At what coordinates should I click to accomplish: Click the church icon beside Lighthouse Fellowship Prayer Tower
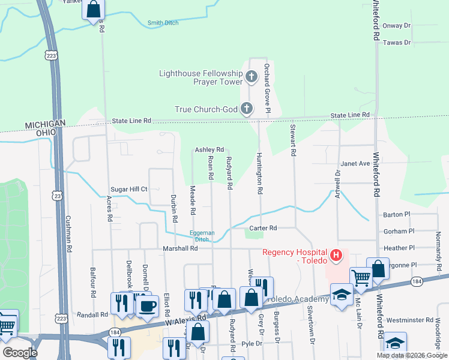(251, 76)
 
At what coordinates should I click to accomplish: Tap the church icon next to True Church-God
(246, 109)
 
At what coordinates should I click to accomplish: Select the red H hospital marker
(336, 256)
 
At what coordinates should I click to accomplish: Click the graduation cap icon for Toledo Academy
(342, 295)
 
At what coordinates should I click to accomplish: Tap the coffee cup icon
(148, 305)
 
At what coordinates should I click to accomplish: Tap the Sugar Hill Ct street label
(127, 189)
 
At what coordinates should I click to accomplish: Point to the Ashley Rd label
(209, 149)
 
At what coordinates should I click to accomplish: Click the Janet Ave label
(355, 163)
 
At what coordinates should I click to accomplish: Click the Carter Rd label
(264, 228)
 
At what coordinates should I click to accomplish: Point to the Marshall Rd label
(180, 248)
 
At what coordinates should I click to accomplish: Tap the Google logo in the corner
(19, 353)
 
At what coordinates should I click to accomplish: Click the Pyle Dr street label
(252, 344)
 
